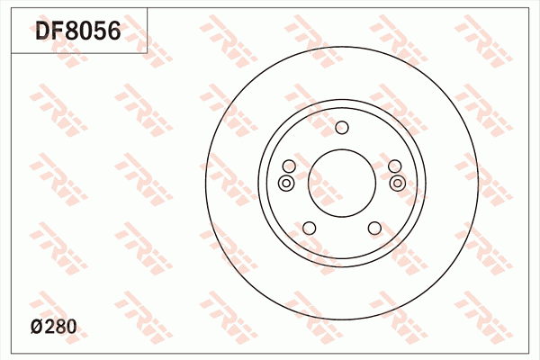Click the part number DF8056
[77, 33]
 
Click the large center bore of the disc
[341, 182]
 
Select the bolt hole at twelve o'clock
[341, 127]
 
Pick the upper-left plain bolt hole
[288, 166]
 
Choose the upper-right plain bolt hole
[394, 166]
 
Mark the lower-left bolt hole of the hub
[309, 228]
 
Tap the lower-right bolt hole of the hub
[373, 228]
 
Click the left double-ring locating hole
[286, 184]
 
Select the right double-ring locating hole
[397, 184]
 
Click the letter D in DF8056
[43, 33]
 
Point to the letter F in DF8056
[58, 33]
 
